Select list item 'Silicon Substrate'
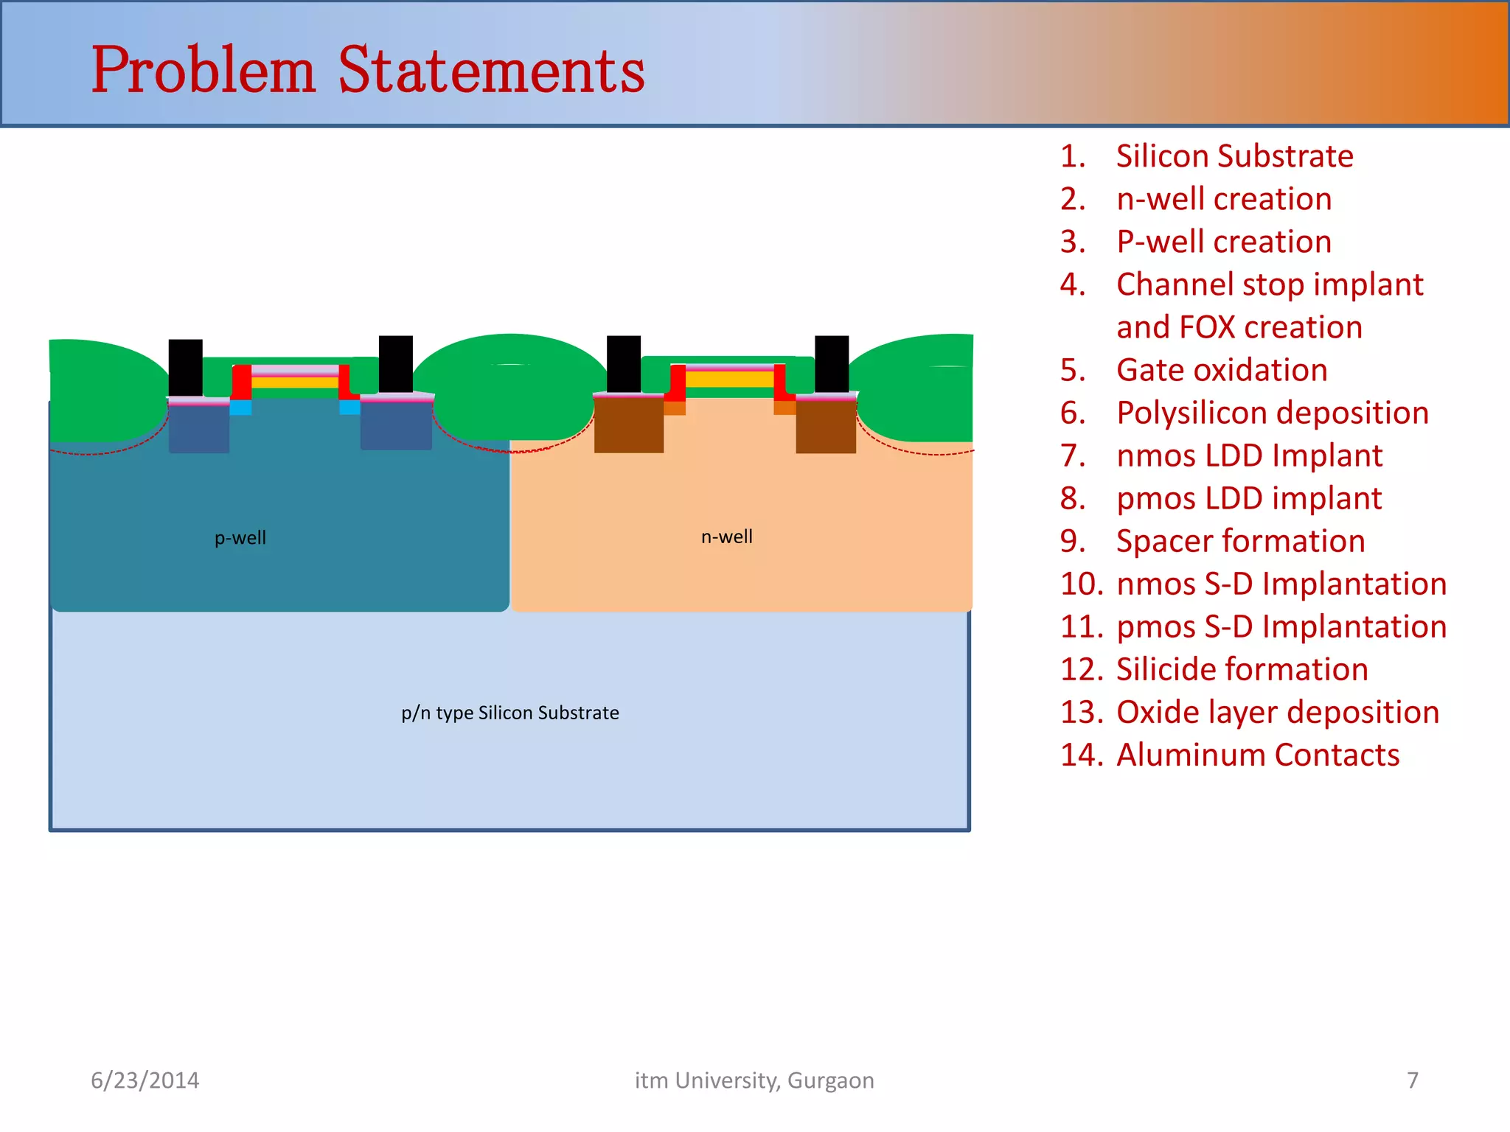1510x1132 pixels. [x=1234, y=156]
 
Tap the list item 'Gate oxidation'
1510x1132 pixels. [x=1222, y=370]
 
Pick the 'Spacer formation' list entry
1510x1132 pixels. [x=1240, y=541]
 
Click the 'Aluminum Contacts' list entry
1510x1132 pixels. [x=1257, y=755]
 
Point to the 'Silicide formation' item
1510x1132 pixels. [x=1242, y=669]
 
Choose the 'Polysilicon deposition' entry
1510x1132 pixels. [x=1272, y=413]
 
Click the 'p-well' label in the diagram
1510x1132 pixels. [x=240, y=538]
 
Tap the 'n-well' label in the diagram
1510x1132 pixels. [x=726, y=537]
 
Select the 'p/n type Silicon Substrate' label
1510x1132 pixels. [x=509, y=713]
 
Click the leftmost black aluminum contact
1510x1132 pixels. [x=186, y=367]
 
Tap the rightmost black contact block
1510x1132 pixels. [x=832, y=364]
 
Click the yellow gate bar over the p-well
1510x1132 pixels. [x=295, y=382]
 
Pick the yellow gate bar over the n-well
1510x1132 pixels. [x=729, y=379]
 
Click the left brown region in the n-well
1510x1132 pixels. [x=628, y=425]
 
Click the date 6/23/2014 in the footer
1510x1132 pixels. [x=145, y=1080]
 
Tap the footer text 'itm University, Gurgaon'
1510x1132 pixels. [x=754, y=1080]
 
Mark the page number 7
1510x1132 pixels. [x=1412, y=1080]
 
